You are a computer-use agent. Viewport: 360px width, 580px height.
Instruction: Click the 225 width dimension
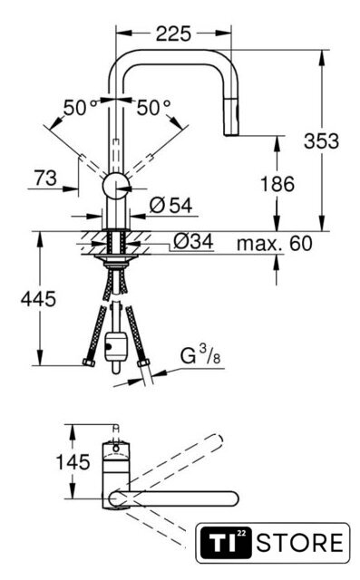[x=173, y=34]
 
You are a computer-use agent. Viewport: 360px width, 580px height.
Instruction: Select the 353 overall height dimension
[x=321, y=141]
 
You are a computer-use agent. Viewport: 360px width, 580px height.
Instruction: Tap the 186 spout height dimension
[x=277, y=184]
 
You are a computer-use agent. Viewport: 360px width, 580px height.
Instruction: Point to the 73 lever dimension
[x=45, y=178]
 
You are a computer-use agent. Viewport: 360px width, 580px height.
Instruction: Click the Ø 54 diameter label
[x=171, y=206]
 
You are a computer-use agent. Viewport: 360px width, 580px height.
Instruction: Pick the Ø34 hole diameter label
[x=193, y=242]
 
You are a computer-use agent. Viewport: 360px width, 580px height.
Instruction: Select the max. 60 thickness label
[x=275, y=244]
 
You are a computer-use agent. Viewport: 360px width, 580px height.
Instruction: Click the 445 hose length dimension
[x=38, y=298]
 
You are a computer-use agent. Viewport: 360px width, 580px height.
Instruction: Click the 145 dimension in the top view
[x=73, y=462]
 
